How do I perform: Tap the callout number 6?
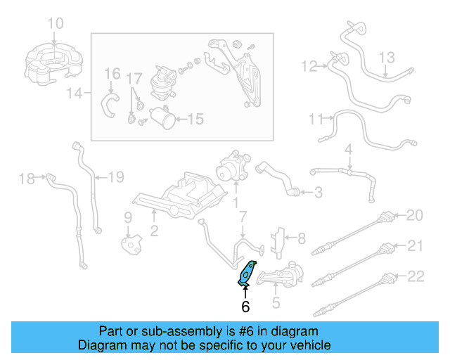245,307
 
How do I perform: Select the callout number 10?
55,24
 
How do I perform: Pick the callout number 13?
388,57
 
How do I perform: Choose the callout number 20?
416,215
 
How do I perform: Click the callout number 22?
416,277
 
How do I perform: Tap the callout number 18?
26,179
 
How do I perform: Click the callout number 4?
348,149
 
